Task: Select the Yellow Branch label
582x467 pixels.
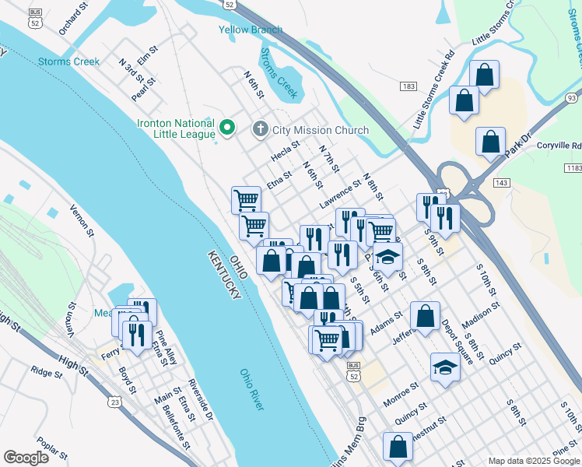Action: (250, 30)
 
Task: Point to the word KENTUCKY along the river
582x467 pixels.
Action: (223, 279)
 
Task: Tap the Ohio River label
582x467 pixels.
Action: (251, 390)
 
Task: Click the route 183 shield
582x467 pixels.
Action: (408, 86)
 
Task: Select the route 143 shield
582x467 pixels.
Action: (500, 181)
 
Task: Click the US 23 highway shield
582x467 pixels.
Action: (116, 402)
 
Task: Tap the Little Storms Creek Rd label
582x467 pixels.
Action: (433, 90)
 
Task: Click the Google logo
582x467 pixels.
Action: (26, 457)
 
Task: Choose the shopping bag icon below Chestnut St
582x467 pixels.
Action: (398, 447)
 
